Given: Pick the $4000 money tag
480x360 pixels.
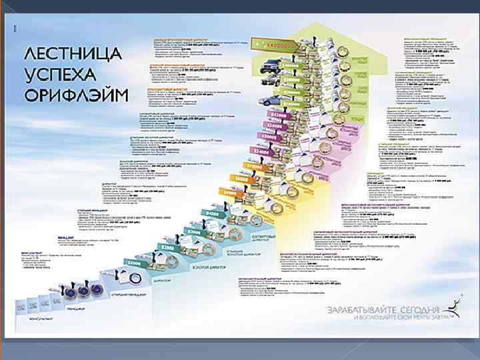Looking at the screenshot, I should (211, 213).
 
